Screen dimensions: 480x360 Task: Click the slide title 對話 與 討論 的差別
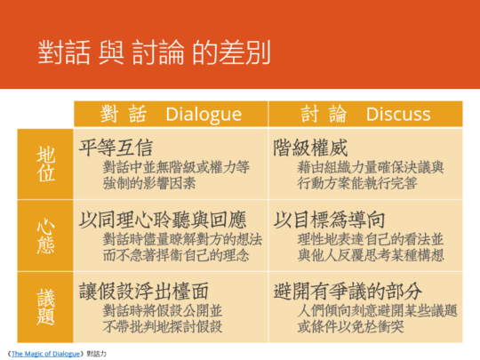[154, 52]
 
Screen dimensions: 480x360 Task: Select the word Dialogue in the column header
[204, 115]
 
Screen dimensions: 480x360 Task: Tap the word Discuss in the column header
[398, 114]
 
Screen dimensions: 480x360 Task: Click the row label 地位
[46, 164]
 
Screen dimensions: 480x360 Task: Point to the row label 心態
[46, 236]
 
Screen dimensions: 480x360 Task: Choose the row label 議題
[46, 307]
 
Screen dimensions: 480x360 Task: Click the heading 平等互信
[116, 148]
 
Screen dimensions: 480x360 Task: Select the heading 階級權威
[310, 148]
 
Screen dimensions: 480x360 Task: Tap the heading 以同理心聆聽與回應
[163, 220]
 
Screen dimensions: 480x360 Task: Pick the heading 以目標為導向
[329, 220]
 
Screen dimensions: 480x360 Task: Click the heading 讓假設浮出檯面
[144, 291]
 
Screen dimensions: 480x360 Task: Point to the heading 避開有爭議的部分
[348, 291]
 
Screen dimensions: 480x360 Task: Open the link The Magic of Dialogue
[45, 354]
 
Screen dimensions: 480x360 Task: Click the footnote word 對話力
[96, 354]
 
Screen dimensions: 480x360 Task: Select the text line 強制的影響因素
[149, 183]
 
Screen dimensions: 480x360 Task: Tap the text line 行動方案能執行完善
[357, 183]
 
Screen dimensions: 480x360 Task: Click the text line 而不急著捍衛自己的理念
[176, 255]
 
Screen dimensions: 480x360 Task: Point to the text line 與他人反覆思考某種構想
[371, 255]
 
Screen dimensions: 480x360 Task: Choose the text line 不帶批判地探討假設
[163, 326]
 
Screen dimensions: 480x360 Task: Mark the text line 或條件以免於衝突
[350, 326]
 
